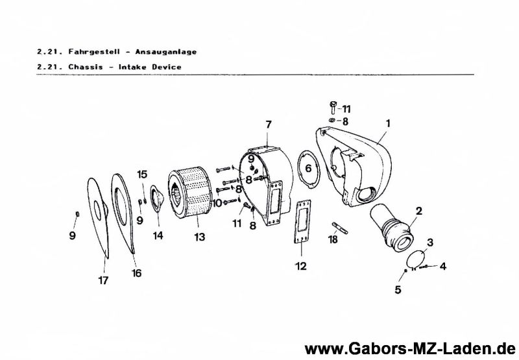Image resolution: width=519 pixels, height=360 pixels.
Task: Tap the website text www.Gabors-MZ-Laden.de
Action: click(x=411, y=349)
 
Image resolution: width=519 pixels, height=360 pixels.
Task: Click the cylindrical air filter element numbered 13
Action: click(x=190, y=193)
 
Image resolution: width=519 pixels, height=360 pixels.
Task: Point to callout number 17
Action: click(x=103, y=280)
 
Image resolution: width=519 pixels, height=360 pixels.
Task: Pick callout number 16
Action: click(x=136, y=273)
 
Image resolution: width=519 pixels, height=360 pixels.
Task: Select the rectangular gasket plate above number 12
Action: click(x=303, y=221)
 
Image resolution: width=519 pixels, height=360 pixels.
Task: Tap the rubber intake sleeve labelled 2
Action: click(x=392, y=227)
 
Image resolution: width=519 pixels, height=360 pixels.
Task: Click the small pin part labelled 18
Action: click(x=339, y=227)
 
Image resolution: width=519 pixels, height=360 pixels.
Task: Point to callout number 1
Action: click(x=387, y=123)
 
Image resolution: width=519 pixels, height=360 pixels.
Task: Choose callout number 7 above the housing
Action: click(x=269, y=125)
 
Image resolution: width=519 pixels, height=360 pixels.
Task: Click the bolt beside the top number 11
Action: click(x=333, y=107)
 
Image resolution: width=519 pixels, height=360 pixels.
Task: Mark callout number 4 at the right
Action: click(x=443, y=266)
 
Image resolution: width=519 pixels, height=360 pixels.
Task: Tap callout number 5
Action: click(x=398, y=290)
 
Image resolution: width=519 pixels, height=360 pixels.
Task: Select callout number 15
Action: click(x=142, y=174)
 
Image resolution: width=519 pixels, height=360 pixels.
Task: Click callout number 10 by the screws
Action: click(x=217, y=203)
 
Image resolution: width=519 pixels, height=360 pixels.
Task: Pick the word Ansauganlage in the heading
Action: click(x=166, y=52)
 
